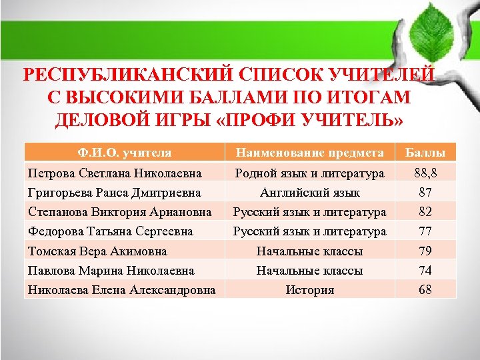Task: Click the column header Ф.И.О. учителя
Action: [124, 153]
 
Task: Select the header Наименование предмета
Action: [309, 153]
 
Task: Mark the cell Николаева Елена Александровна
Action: [121, 290]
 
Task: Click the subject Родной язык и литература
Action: [309, 173]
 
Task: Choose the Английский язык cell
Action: [309, 193]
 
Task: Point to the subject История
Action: [309, 290]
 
